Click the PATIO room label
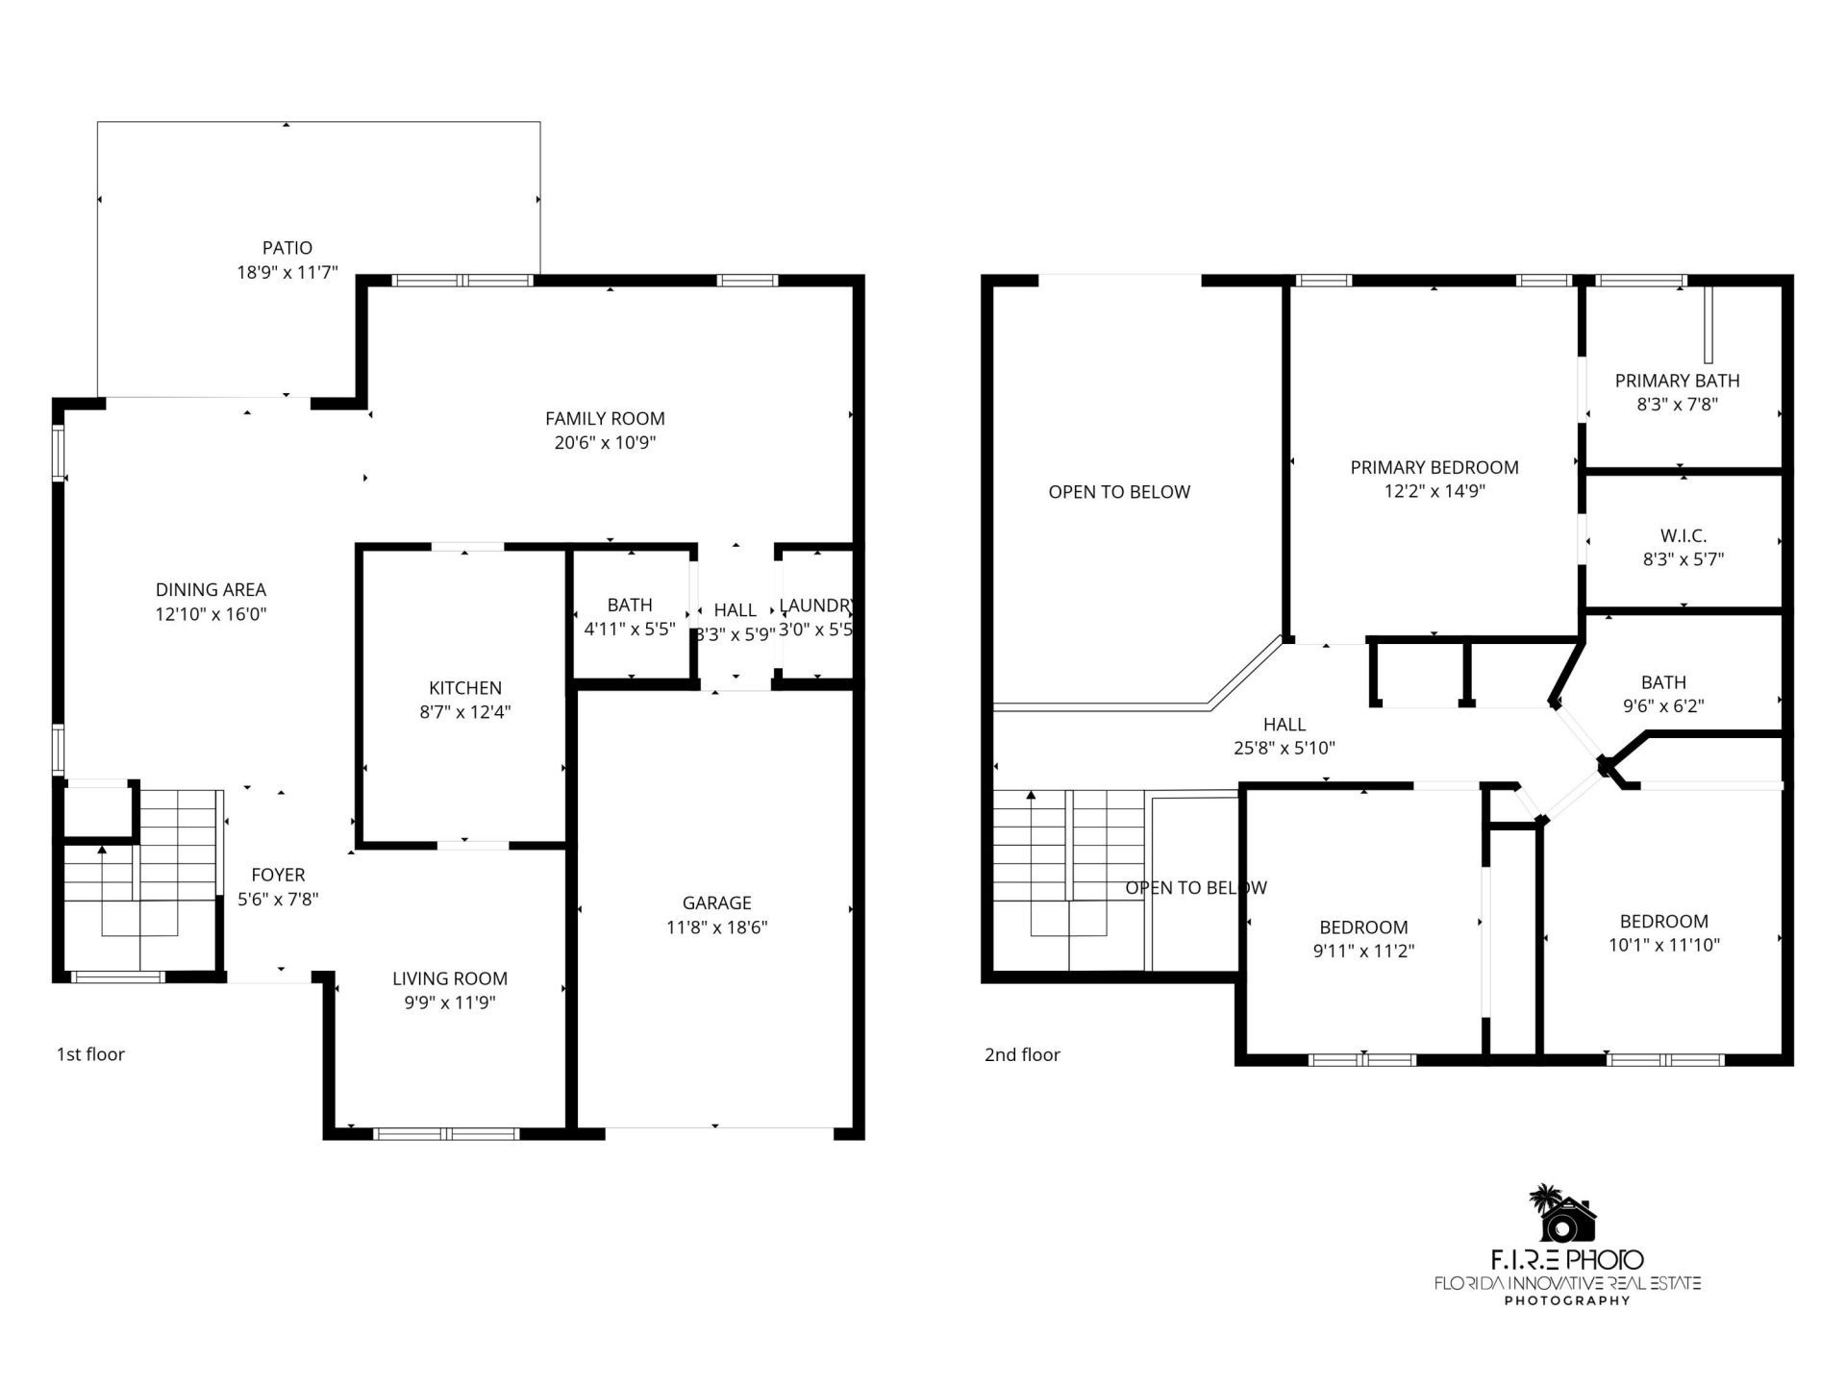point(287,248)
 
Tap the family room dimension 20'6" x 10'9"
point(604,443)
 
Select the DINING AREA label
point(211,590)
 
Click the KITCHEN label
point(464,688)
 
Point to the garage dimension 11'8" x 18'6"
point(716,927)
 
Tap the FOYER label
point(278,875)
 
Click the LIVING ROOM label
point(449,978)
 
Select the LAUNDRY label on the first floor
point(814,605)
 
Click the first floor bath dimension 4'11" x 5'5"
point(630,630)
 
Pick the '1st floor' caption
point(90,1054)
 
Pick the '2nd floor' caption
point(1022,1054)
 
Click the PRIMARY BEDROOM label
point(1434,467)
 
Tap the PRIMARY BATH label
point(1677,381)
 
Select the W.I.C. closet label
point(1683,535)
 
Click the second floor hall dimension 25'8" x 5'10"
point(1284,749)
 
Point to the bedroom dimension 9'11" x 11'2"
point(1363,951)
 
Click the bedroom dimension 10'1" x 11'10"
point(1663,945)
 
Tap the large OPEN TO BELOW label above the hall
point(1119,492)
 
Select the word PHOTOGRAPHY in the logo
point(1566,1301)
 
